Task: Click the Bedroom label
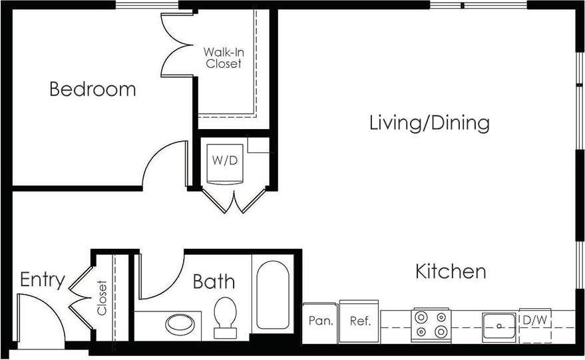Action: (93, 89)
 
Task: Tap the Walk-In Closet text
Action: (223, 57)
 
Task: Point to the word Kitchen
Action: (451, 271)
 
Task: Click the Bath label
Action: (214, 281)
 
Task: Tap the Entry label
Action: (42, 279)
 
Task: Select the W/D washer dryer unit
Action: (224, 162)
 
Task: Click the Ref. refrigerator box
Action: (359, 321)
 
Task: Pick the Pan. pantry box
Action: (320, 321)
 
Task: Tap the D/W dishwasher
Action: (534, 321)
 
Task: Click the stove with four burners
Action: (431, 325)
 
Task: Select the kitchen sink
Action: (498, 325)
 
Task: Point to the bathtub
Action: (273, 295)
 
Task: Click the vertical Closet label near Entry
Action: (102, 297)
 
